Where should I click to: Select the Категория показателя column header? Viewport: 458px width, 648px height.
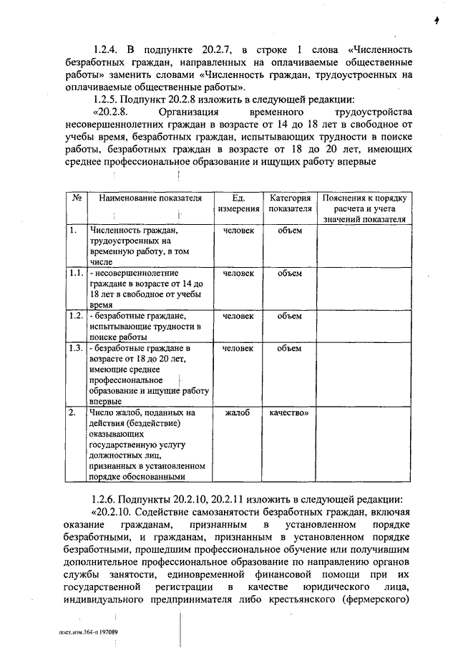(290, 203)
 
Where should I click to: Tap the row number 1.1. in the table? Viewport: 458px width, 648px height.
(76, 273)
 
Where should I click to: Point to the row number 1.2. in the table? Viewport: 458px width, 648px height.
(76, 315)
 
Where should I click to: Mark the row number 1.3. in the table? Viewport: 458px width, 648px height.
(76, 348)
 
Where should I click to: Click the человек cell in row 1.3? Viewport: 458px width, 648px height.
(238, 348)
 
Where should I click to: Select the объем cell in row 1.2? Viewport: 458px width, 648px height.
(290, 315)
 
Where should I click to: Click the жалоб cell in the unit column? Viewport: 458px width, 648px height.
(238, 413)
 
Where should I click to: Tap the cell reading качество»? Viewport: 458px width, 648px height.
(290, 413)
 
